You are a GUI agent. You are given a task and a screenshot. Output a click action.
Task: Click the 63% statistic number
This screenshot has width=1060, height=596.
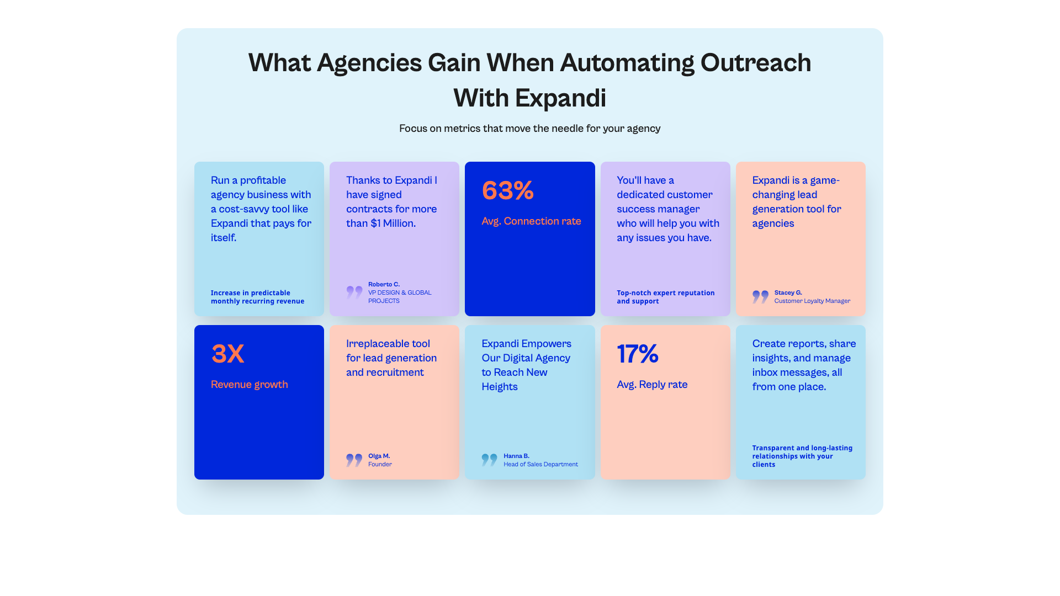point(507,191)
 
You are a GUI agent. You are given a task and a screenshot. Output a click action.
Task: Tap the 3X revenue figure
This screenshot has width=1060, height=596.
point(227,354)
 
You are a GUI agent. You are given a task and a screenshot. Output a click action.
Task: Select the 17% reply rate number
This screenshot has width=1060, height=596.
point(637,354)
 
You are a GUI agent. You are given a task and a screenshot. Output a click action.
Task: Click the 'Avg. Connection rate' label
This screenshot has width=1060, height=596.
point(531,221)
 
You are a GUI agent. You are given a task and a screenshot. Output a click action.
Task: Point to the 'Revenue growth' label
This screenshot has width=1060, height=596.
point(249,385)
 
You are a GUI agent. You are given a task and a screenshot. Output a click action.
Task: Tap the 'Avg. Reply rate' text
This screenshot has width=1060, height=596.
point(651,385)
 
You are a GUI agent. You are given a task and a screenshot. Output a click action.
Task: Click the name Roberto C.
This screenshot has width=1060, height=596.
point(384,284)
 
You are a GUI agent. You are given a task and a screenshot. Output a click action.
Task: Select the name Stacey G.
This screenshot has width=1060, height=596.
point(788,292)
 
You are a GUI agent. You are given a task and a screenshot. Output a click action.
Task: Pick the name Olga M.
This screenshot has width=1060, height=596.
point(379,456)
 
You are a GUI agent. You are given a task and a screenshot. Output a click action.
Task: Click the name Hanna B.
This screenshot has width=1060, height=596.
point(516,456)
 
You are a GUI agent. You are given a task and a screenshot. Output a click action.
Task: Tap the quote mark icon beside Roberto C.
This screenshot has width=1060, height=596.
point(354,292)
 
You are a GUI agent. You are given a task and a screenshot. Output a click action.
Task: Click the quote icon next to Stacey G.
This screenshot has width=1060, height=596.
point(760,296)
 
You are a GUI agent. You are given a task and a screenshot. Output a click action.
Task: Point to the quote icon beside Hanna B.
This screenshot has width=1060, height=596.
point(489,460)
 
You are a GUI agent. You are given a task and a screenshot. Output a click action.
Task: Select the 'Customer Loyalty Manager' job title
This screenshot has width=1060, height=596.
point(812,301)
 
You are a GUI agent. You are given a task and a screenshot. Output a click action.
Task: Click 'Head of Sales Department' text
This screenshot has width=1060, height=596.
point(540,464)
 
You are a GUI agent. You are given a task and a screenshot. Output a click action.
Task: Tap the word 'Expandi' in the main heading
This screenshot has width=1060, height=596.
point(560,98)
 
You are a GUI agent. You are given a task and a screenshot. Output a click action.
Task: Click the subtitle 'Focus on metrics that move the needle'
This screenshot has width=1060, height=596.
point(529,129)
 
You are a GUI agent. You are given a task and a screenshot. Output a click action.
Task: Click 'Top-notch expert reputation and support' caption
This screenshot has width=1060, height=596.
point(665,297)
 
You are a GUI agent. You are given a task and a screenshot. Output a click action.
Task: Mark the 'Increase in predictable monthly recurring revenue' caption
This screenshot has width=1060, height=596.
point(257,297)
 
